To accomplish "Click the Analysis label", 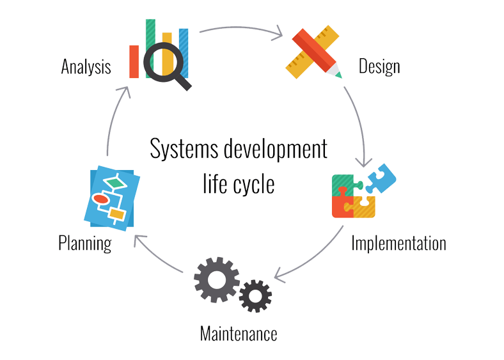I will pyautogui.click(x=86, y=67).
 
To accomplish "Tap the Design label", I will pyautogui.click(x=379, y=67).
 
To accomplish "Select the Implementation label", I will pyautogui.click(x=398, y=244).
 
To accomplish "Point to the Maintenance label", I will pyautogui.click(x=238, y=334).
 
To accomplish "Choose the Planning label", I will pyautogui.click(x=84, y=243).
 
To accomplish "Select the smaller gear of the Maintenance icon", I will pyautogui.click(x=255, y=296).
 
